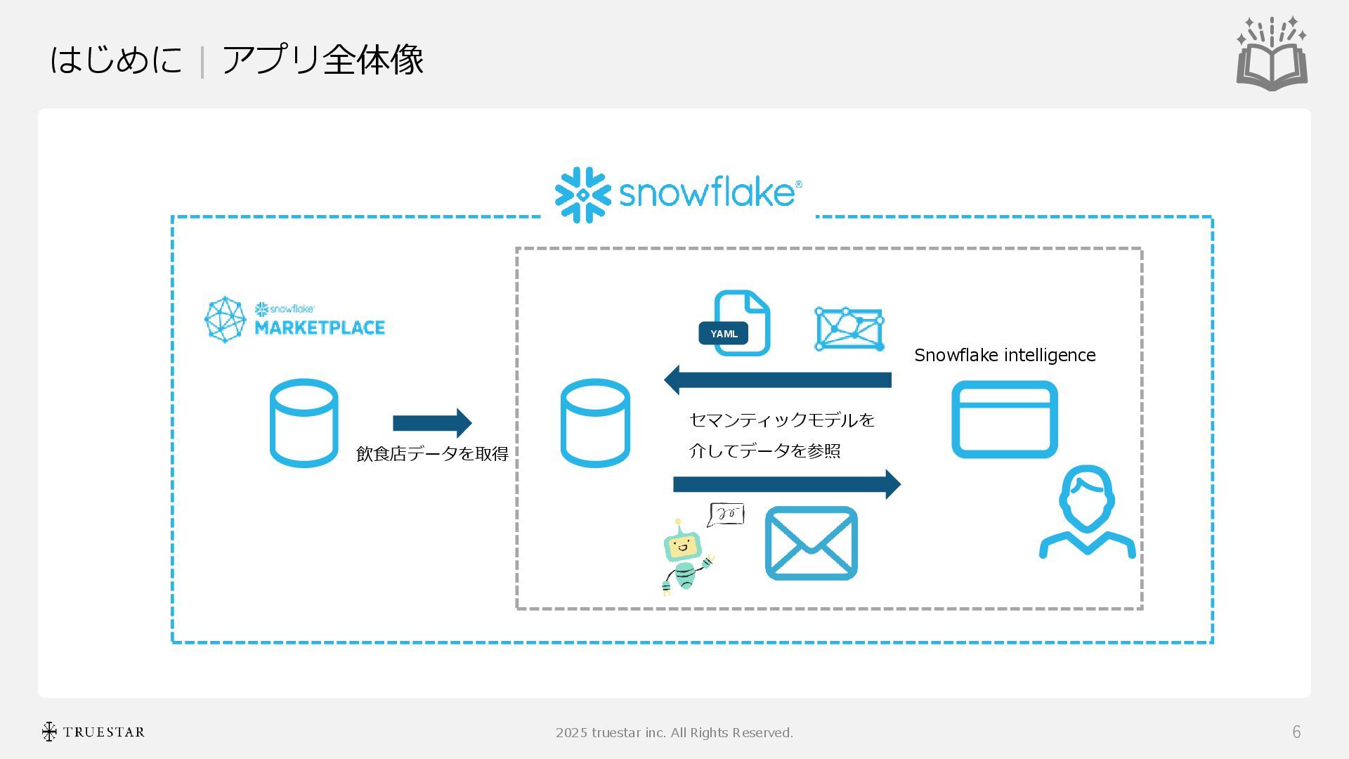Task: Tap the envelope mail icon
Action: point(811,543)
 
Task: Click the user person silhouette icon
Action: point(1087,512)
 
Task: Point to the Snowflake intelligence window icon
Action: point(1004,420)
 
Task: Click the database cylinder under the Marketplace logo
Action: point(304,423)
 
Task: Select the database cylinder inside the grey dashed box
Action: point(594,423)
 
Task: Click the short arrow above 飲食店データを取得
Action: point(432,423)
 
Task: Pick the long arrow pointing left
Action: point(778,380)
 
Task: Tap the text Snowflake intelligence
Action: point(1005,356)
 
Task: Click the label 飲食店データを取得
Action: point(432,454)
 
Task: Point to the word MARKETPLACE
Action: point(320,328)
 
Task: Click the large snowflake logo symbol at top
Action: point(582,195)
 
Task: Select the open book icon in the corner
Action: point(1272,55)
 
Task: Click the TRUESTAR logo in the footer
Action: point(93,732)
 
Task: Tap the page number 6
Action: point(1296,732)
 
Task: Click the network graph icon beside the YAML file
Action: point(849,328)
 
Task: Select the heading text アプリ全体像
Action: point(323,59)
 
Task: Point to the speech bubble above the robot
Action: point(726,514)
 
